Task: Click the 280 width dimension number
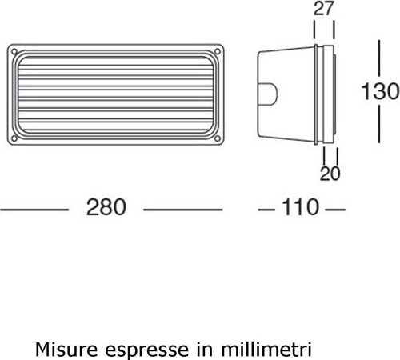tap(106, 208)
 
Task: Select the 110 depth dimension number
tap(299, 208)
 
